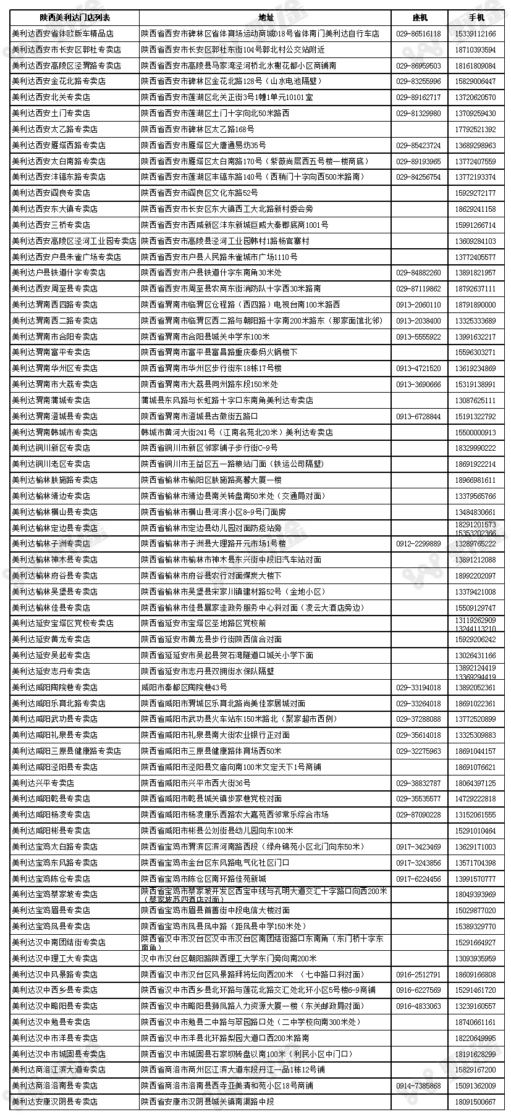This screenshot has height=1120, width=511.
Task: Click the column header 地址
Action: [x=265, y=17]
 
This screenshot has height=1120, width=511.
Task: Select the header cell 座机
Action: [x=419, y=17]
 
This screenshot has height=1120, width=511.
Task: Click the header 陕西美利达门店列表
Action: [x=73, y=17]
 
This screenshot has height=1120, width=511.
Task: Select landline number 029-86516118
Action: [x=418, y=33]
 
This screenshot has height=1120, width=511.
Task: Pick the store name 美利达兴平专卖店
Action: [x=43, y=783]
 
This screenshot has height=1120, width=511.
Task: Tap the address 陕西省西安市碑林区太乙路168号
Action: [x=197, y=129]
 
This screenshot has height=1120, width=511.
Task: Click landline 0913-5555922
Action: [x=418, y=336]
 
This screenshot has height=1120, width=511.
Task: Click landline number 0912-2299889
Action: [x=418, y=544]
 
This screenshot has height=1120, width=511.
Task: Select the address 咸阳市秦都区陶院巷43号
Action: [x=184, y=687]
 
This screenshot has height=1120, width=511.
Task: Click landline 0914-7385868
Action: [x=418, y=1085]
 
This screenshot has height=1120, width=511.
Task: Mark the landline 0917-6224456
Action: [x=418, y=879]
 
